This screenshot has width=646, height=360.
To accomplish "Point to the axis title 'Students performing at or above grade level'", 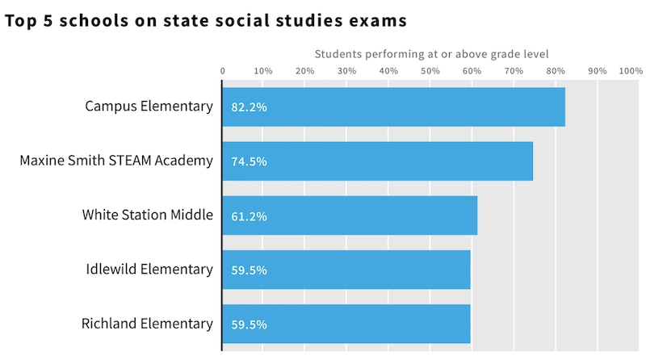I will pos(431,55).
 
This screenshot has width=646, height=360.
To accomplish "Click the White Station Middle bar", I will pos(350,216).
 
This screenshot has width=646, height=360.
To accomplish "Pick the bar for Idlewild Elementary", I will pos(347,270).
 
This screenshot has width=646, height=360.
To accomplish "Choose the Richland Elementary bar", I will pos(347,324).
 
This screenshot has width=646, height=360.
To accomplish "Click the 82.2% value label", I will pos(249,107).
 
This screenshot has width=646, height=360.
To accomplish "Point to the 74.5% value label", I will pos(249,161).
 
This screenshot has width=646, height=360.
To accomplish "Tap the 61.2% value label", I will pos(249,216).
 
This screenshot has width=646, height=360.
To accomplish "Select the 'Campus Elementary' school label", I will pos(149,107).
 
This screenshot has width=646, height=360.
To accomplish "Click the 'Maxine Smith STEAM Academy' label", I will pos(116,161).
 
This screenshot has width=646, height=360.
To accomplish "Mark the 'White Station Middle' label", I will pos(148,215).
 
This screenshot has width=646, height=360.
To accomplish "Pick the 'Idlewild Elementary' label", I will pos(149,269).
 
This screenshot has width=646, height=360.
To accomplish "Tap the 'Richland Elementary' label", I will pos(147,324).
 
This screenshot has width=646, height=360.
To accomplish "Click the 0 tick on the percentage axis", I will pos(223,71).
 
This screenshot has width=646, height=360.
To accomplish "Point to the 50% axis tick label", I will pos(430,71).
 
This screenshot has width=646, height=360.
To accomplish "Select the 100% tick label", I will pos(630,71).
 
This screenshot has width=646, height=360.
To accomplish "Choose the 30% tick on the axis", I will pos(346,71).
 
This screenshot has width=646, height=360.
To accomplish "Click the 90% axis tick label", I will pos(597,71).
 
